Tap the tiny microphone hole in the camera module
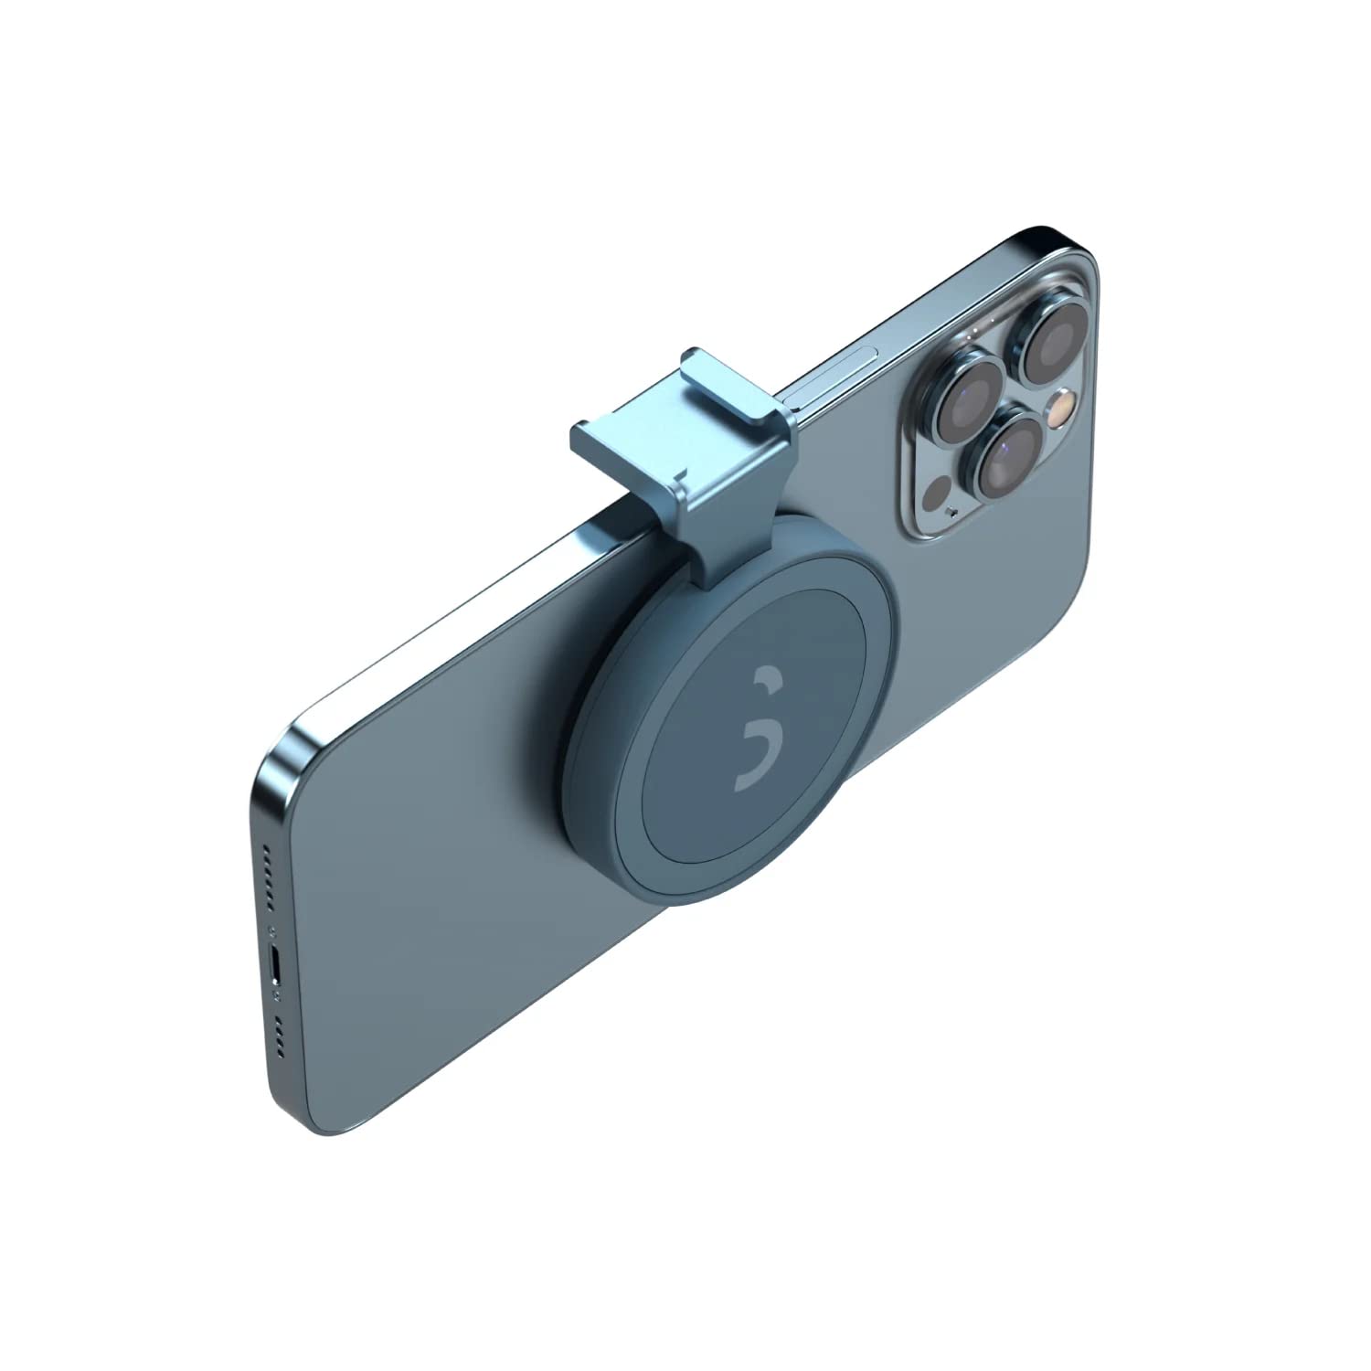tap(954, 513)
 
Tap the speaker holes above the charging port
tap(268, 876)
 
